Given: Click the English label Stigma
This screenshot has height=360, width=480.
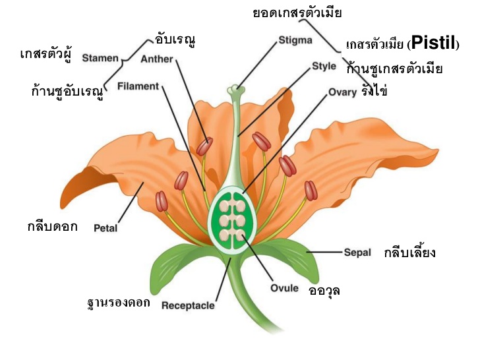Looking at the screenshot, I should click(295, 40).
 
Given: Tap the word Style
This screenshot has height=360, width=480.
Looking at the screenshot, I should click(324, 66).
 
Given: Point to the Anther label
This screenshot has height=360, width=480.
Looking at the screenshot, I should click(157, 59).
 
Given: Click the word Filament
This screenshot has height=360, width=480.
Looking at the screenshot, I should click(138, 86).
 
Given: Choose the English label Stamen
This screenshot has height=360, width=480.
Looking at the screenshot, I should click(100, 58).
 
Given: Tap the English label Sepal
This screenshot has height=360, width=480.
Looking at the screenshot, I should click(357, 253).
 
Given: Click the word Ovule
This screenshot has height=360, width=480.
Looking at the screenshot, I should click(284, 288).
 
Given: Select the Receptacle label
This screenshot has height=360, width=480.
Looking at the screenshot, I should click(188, 305).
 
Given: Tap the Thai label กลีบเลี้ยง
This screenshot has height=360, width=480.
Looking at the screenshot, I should click(409, 253).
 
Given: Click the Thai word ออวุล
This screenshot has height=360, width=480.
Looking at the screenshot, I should click(324, 289).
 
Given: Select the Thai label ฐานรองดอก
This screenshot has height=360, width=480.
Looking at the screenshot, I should click(119, 303).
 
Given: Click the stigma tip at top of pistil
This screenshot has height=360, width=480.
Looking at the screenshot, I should click(237, 88).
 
